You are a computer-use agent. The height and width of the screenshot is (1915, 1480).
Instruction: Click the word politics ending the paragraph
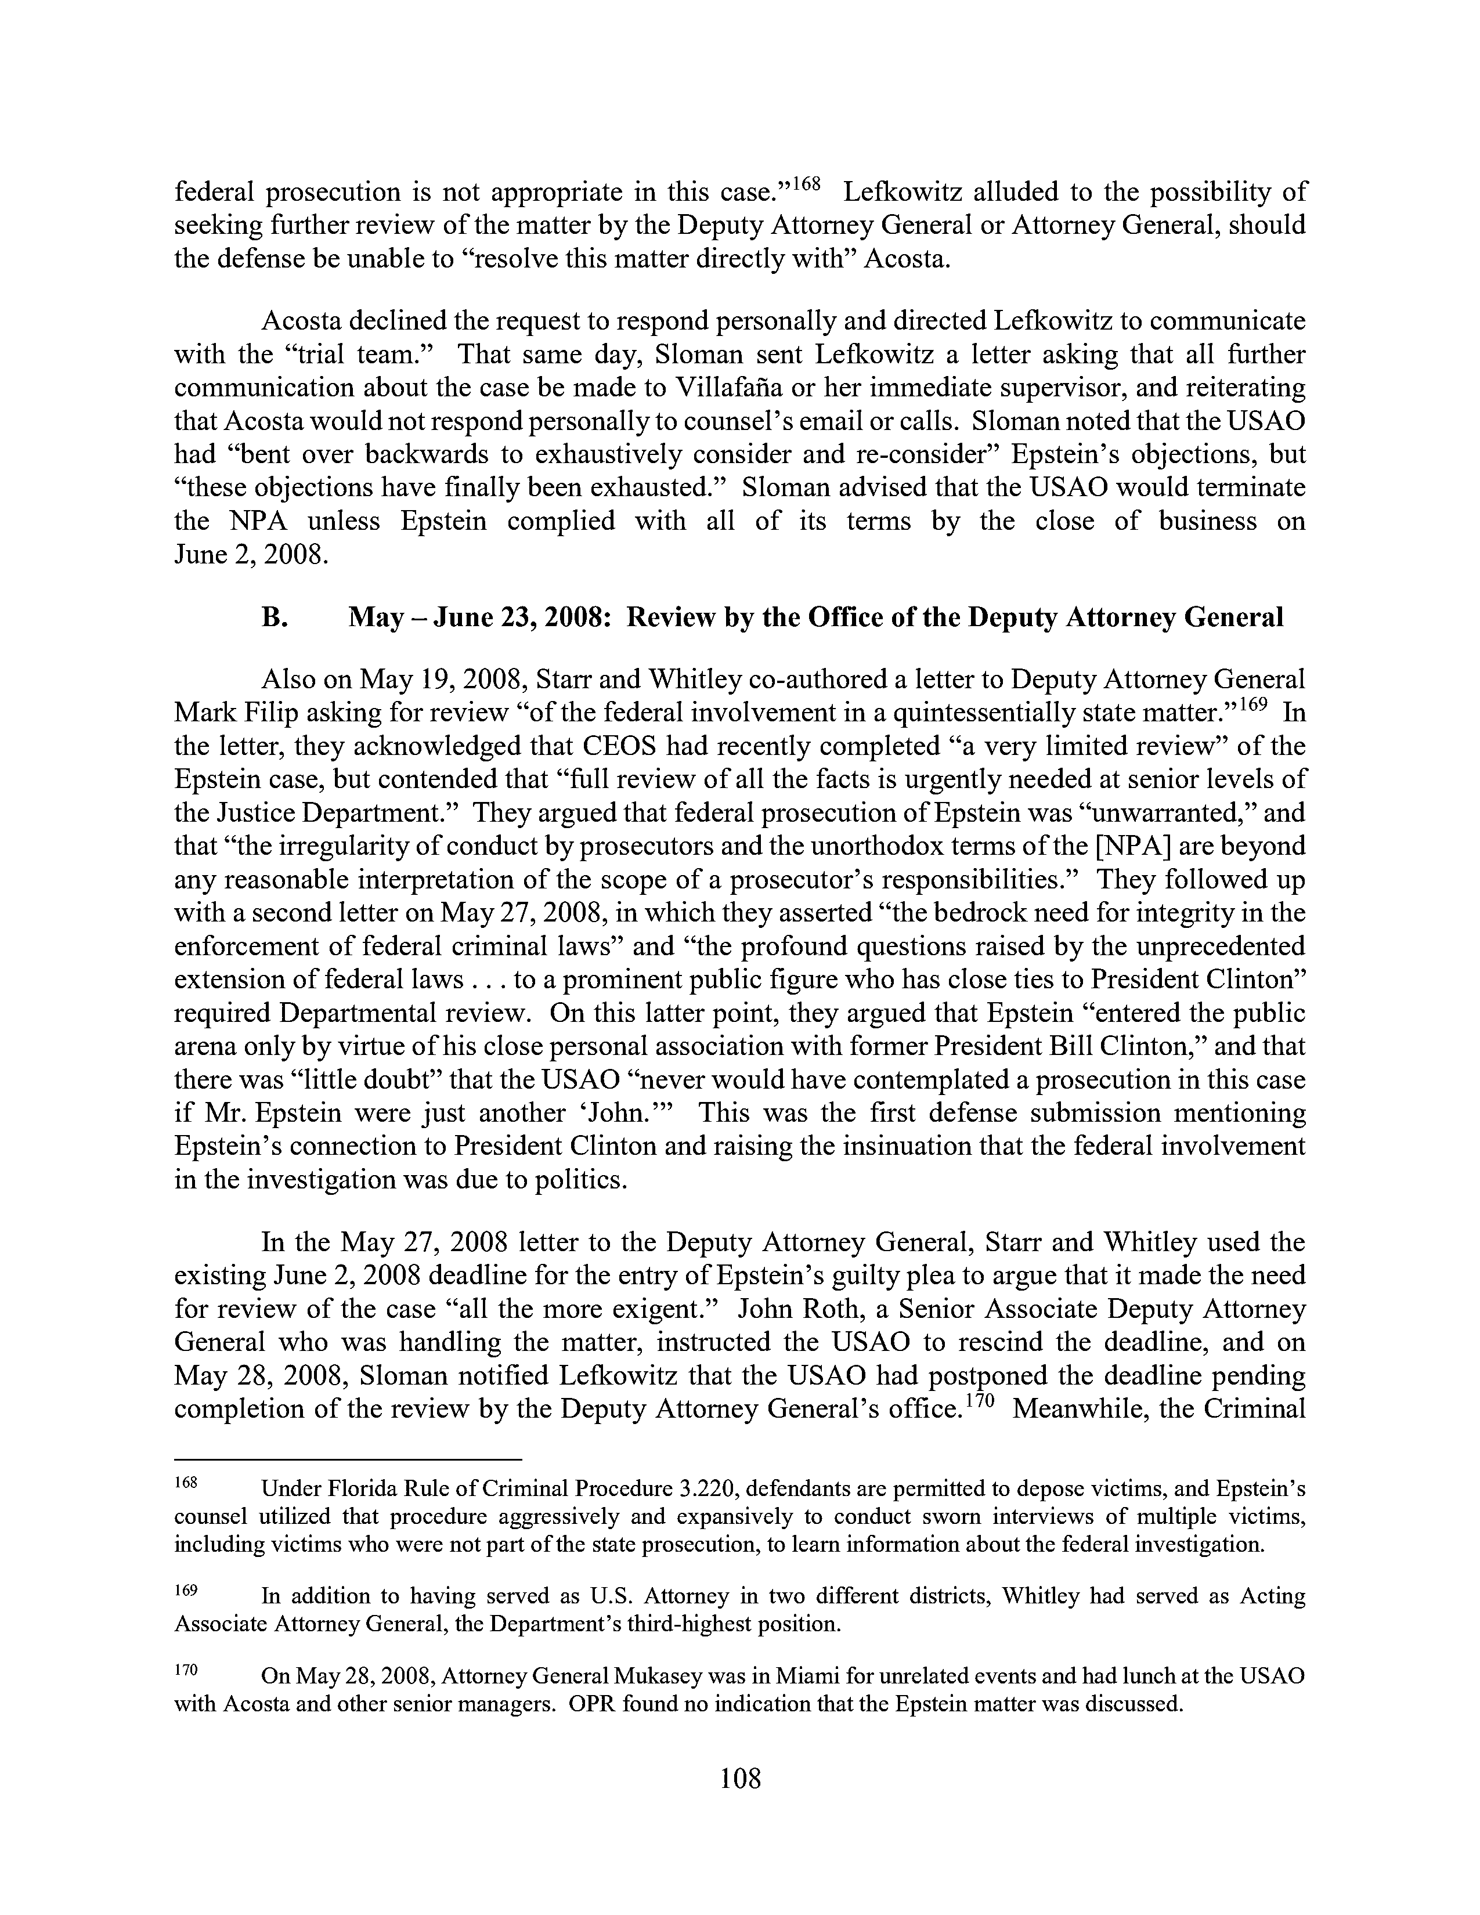[582, 1180]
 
